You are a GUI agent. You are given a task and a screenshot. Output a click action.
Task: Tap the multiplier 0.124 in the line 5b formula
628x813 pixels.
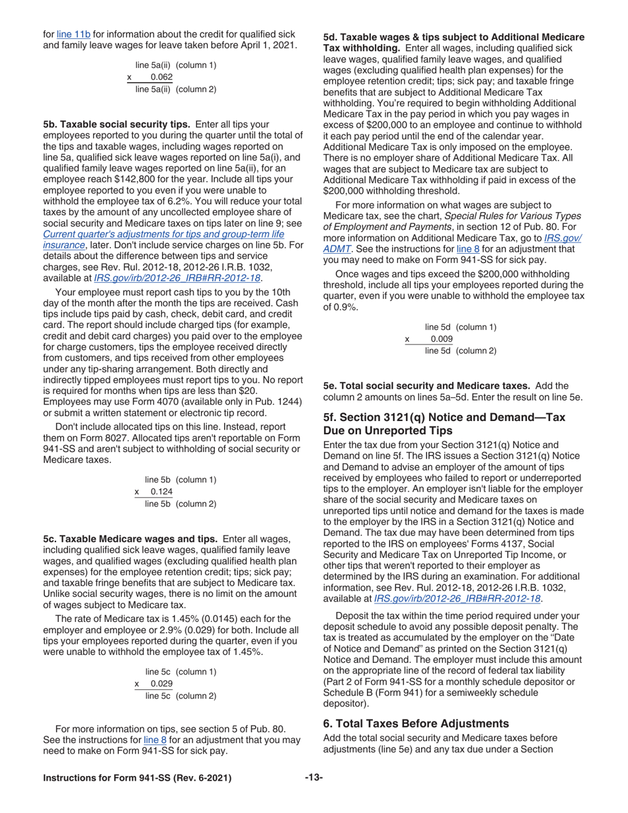pos(161,492)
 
